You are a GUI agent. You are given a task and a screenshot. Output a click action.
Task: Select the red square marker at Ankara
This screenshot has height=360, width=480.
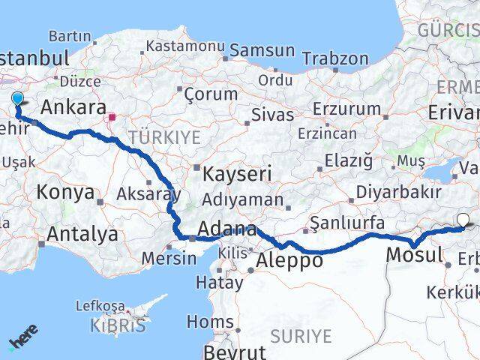pos(112,117)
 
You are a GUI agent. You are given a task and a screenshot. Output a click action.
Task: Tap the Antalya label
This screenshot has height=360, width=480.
pos(82,234)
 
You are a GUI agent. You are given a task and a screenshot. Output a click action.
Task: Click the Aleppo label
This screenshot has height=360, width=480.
pos(289,260)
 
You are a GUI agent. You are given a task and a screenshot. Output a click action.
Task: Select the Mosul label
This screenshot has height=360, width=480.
pos(414,255)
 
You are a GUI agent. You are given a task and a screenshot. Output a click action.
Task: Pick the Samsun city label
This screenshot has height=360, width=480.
pos(262,50)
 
